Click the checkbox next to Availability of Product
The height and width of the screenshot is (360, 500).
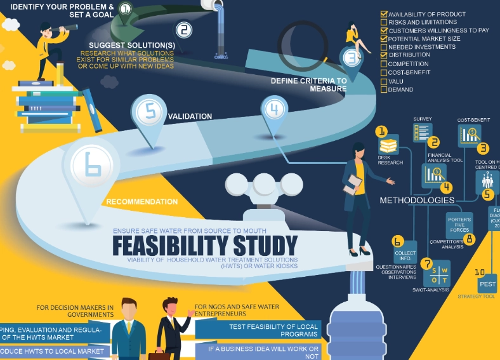384,14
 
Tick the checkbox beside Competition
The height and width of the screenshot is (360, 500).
384,64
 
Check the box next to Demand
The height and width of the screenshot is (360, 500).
384,90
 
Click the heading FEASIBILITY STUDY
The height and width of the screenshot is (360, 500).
204,246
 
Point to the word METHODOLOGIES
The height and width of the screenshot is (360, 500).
417,201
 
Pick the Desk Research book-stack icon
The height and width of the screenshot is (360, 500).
388,145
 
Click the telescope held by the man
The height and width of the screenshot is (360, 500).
65,29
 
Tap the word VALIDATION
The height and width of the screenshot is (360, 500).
190,117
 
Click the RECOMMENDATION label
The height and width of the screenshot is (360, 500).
141,202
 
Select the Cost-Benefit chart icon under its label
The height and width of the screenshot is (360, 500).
470,134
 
